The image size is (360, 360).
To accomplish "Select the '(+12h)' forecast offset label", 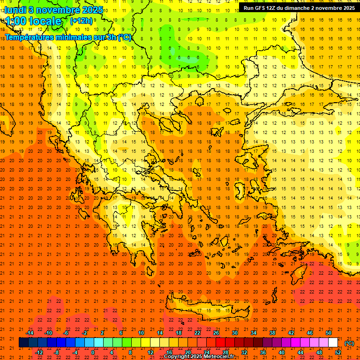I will (81, 21).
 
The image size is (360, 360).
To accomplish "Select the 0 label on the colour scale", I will (93, 352).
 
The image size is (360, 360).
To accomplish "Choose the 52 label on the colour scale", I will (338, 352).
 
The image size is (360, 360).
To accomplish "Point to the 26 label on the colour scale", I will (216, 333).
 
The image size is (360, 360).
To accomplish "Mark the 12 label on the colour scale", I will (150, 352).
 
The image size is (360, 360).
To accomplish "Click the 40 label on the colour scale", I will (282, 352).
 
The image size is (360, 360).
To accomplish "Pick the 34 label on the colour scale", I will (254, 333).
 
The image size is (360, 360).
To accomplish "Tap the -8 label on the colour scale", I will (56, 352).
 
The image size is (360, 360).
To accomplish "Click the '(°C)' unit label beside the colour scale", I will (349, 343).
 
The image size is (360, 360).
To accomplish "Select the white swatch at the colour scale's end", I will (333, 343).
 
